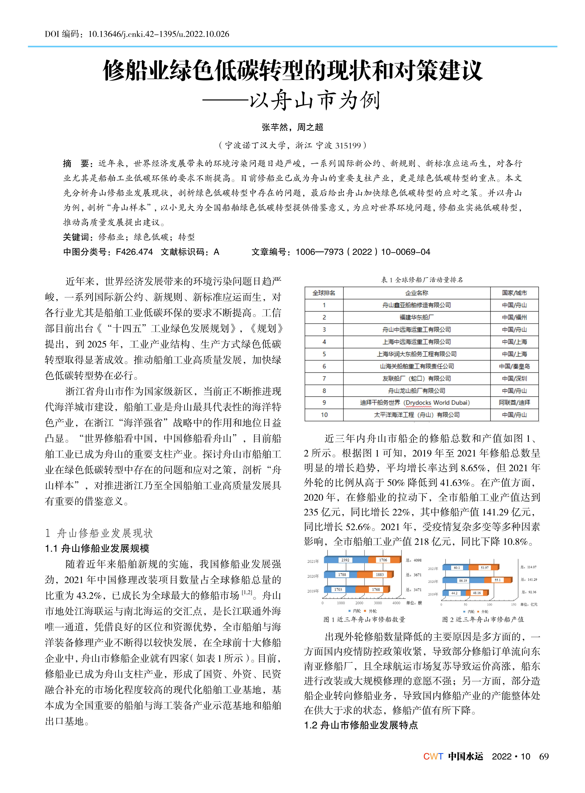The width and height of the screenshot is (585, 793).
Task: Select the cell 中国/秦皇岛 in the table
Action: [x=514, y=366]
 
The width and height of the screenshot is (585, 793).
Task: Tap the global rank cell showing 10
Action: [x=324, y=415]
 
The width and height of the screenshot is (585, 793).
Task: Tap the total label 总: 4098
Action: [x=414, y=560]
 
